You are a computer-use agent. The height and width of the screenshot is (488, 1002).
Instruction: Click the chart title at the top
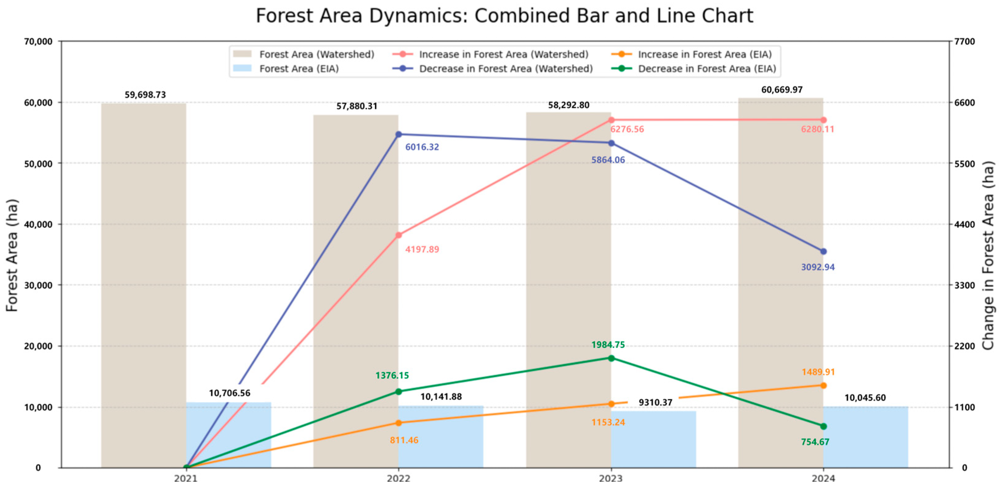(504, 16)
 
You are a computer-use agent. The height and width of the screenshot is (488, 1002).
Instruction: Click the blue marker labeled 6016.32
(398, 134)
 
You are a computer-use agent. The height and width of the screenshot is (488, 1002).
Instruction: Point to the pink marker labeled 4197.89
(398, 235)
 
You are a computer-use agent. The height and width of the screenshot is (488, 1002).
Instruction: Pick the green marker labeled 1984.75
(611, 358)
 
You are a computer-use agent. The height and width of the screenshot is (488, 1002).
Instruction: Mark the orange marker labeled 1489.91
(823, 386)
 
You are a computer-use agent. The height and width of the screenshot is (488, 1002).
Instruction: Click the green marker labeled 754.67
(823, 426)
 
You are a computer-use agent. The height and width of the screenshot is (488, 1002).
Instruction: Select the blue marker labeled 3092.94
(823, 252)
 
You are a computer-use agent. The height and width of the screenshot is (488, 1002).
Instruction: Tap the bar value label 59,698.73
(145, 95)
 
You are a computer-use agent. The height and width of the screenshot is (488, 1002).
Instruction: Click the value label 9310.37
(655, 403)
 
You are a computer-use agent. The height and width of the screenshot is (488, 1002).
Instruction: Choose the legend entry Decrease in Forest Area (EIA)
(706, 69)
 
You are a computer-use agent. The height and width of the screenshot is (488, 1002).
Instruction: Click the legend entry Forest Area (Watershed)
(317, 55)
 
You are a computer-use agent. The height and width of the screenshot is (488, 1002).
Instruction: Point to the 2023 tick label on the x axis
(611, 478)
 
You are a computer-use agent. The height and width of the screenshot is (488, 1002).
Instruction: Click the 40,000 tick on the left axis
(38, 224)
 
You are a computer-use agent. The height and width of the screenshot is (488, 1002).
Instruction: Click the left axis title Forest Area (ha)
(12, 255)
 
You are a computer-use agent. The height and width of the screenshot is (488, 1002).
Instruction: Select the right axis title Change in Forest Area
(988, 255)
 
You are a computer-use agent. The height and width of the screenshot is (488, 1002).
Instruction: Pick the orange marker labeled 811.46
(398, 423)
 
